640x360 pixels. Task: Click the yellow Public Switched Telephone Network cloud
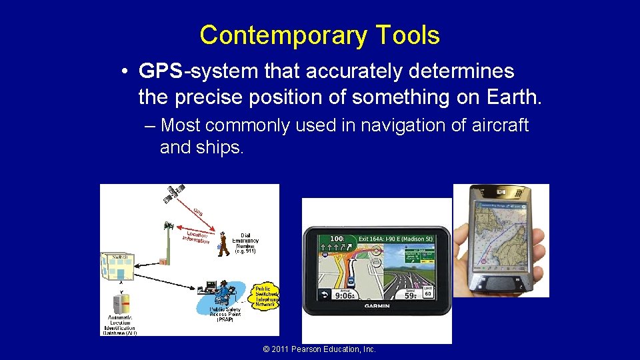point(266,294)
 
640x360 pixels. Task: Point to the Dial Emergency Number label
point(245,243)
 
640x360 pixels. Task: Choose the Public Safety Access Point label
point(225,313)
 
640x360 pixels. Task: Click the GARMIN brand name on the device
point(377,306)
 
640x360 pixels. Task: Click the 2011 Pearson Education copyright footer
point(319,349)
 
